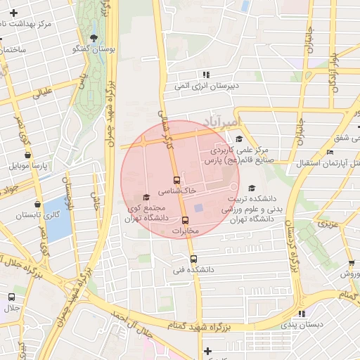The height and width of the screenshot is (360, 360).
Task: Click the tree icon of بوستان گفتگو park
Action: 94,38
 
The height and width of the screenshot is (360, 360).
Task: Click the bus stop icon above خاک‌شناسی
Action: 176,180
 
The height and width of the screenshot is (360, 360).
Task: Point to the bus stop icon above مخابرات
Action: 186,220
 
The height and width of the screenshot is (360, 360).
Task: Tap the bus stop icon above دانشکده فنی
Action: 194,259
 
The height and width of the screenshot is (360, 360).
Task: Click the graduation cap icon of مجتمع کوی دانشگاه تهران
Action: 146,198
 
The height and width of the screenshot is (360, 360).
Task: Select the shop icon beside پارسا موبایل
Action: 13,166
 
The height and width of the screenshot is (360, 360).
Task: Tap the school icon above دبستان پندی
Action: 301,314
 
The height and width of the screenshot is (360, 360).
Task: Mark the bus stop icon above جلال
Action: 11,297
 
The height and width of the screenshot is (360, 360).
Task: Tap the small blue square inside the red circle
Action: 198,208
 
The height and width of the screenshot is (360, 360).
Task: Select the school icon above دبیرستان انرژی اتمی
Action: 205,75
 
